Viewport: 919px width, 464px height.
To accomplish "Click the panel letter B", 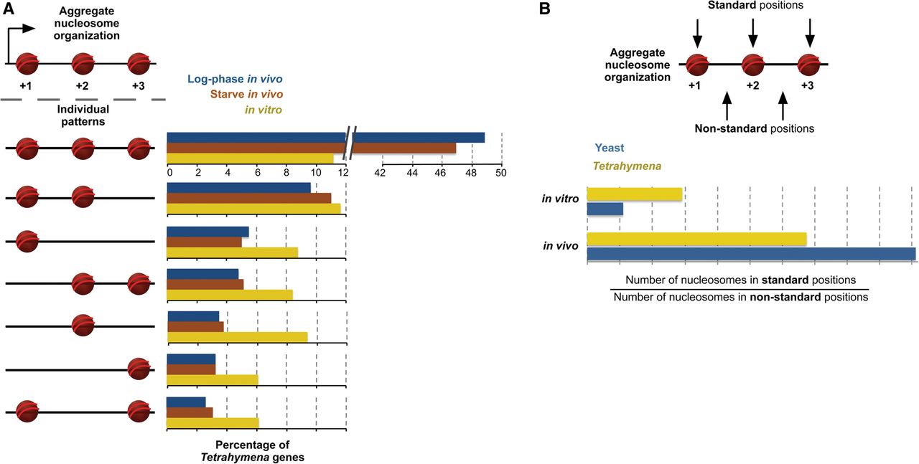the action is [544, 9].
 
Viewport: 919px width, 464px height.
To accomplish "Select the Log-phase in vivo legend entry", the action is [235, 79].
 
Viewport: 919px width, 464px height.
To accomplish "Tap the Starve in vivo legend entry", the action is [246, 94].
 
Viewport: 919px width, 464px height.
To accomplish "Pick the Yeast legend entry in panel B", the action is [610, 148].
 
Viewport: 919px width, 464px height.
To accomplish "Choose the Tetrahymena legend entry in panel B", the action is [627, 166].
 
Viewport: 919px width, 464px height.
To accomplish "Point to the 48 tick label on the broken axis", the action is [471, 173].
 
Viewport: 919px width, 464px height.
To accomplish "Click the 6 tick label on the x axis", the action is [257, 173].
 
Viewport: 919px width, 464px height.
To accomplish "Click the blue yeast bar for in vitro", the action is [605, 209].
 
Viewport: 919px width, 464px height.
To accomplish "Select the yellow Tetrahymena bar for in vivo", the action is [696, 239].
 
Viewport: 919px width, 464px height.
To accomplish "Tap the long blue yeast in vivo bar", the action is [751, 254].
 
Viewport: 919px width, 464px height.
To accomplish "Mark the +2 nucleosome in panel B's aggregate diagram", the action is [753, 65].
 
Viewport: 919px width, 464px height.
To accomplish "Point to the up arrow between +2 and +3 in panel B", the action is [783, 105].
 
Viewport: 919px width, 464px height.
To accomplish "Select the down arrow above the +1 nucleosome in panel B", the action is [697, 33].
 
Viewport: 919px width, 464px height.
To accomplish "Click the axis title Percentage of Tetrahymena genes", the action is [252, 451].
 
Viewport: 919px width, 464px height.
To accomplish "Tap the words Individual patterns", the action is [83, 115].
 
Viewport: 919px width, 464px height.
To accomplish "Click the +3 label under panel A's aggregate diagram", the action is [139, 86].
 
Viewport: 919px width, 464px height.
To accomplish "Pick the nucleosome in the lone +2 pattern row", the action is [83, 326].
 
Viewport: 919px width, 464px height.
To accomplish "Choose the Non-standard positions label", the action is [754, 128].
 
